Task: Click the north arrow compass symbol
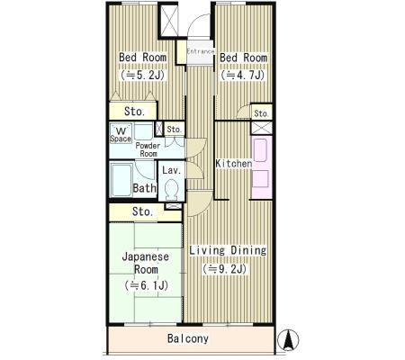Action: [x=288, y=340]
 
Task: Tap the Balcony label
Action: [x=188, y=338]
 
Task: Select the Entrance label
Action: [x=201, y=51]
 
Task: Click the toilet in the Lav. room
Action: [x=172, y=190]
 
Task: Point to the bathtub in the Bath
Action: [x=121, y=180]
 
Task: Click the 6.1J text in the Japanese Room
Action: [x=146, y=285]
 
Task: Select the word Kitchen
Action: [x=234, y=164]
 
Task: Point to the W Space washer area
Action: [x=121, y=133]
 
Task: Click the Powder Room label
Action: [x=148, y=149]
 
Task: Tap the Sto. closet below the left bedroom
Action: [x=133, y=111]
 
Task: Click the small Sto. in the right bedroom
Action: [x=261, y=113]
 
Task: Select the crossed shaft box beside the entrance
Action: [x=169, y=21]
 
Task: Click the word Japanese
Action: [x=146, y=257]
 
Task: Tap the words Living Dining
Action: [x=228, y=250]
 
